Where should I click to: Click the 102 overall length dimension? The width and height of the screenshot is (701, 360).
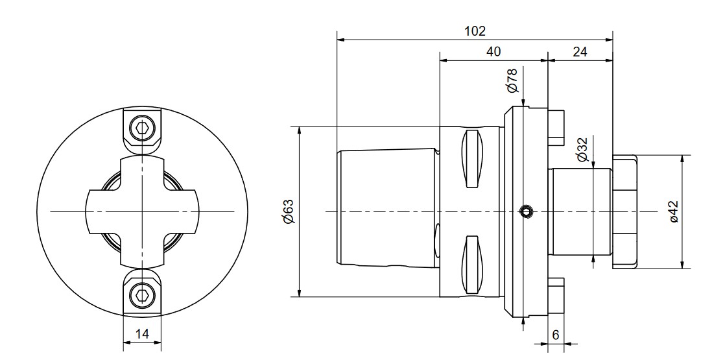(x=474, y=31)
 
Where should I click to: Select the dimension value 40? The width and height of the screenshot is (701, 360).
(x=493, y=51)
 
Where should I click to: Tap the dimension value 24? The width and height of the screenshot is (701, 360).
(x=579, y=51)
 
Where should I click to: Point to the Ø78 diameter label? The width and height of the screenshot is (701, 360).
(x=512, y=80)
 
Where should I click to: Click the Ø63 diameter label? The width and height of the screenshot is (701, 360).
(x=289, y=211)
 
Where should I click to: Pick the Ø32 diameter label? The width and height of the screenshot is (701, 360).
(x=582, y=149)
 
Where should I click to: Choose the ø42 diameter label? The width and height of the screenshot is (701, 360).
(x=674, y=211)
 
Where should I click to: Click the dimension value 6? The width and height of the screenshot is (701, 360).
(x=556, y=335)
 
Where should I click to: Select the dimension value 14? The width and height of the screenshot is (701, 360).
(x=142, y=333)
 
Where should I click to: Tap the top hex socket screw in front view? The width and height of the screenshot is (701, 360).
(x=142, y=129)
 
